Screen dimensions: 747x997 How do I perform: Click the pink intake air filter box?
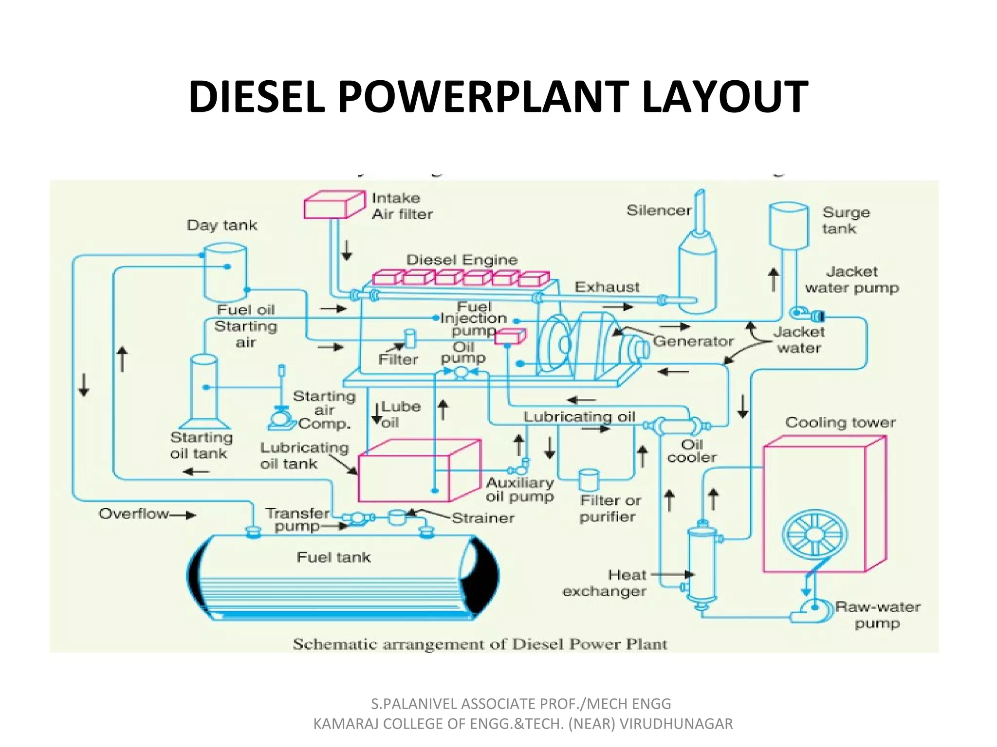click(x=333, y=205)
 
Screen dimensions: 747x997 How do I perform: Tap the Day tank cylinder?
click(x=225, y=272)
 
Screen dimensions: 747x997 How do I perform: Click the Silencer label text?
click(x=659, y=211)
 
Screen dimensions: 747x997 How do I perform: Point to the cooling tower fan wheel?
click(x=814, y=534)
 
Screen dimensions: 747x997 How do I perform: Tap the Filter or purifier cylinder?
click(x=589, y=480)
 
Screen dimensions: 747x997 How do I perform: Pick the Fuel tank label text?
click(x=333, y=557)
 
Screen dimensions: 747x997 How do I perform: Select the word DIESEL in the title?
click(x=257, y=97)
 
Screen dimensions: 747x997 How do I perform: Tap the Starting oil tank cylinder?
click(x=203, y=389)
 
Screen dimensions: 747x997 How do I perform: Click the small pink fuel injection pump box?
click(x=510, y=337)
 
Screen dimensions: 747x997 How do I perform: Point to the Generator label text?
click(x=693, y=341)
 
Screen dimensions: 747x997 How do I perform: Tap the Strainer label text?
click(x=483, y=518)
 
